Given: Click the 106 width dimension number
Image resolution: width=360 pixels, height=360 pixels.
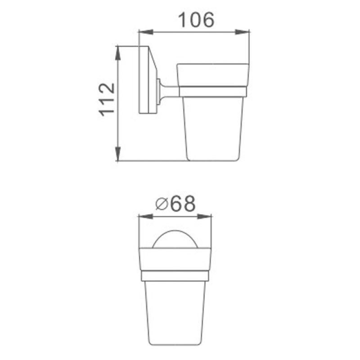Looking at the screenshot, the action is (x=196, y=20).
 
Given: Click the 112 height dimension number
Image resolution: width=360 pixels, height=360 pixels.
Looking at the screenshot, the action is (x=107, y=99).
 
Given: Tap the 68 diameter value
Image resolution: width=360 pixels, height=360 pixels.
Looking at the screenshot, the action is (x=183, y=203).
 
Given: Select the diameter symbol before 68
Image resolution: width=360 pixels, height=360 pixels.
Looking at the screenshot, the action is (x=162, y=204).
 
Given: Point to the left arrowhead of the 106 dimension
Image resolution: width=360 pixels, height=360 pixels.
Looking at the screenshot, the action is (x=146, y=32).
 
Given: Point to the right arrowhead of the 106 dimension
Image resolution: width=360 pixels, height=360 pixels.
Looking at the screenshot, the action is (x=242, y=32).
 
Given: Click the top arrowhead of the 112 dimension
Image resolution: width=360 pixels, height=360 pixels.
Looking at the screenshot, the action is (x=118, y=53).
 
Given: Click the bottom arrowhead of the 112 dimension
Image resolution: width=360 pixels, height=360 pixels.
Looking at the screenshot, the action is (x=118, y=153).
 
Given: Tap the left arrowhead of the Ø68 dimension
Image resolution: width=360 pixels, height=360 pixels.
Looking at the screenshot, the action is (x=145, y=216).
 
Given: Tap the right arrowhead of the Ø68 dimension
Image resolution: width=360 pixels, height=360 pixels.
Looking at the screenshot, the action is (x=204, y=216).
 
